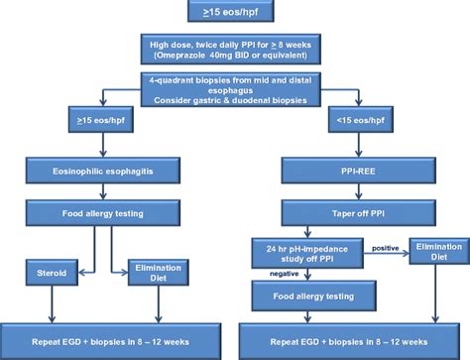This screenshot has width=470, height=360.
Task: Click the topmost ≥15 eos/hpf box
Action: click(x=234, y=13)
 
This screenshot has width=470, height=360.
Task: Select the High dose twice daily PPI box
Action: click(x=234, y=50)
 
